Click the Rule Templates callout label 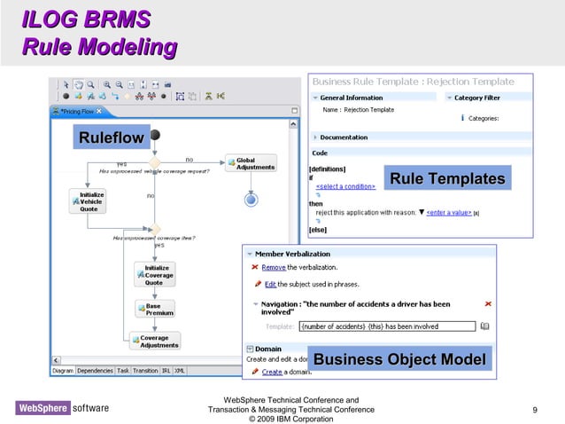(x=446, y=179)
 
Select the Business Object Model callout (x=399, y=359)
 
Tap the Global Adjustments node (x=252, y=164)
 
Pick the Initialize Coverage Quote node (x=155, y=275)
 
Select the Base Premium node (x=155, y=309)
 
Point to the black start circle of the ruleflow (x=156, y=135)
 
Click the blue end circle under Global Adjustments (x=251, y=200)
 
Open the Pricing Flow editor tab (x=78, y=111)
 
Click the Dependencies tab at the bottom (x=95, y=371)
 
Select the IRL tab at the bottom (x=166, y=371)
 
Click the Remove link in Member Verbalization (x=274, y=267)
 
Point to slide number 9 (x=535, y=410)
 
